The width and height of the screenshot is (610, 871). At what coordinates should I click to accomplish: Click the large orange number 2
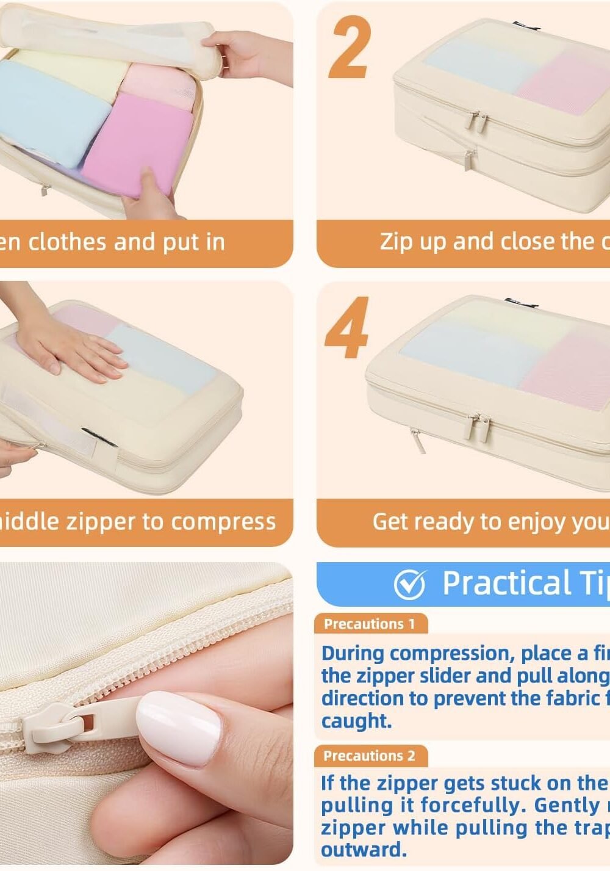pyautogui.click(x=350, y=48)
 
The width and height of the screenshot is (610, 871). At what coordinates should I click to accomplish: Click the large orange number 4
pyautogui.click(x=346, y=328)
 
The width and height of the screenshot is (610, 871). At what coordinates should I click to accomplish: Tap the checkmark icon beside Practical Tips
pyautogui.click(x=409, y=585)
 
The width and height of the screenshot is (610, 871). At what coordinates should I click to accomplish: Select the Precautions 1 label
pyautogui.click(x=370, y=624)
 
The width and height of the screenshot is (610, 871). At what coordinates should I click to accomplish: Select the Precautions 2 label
pyautogui.click(x=370, y=756)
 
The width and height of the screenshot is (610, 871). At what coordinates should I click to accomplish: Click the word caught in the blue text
pyautogui.click(x=356, y=721)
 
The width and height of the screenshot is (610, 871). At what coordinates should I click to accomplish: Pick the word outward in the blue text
pyautogui.click(x=364, y=850)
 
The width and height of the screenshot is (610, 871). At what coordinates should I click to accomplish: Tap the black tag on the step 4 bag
pyautogui.click(x=520, y=302)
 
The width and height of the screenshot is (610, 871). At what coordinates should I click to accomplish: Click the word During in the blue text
pyautogui.click(x=353, y=653)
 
